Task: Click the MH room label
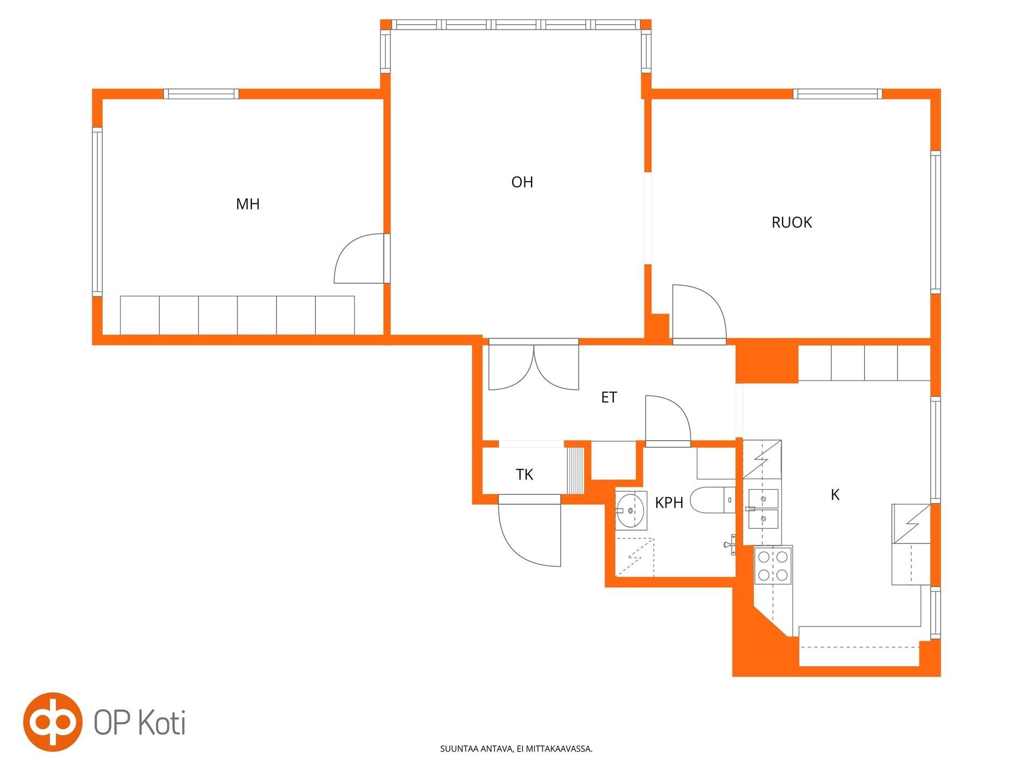[x=248, y=204]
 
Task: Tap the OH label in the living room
[x=522, y=182]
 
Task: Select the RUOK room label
[x=791, y=222]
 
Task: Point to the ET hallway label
[x=609, y=397]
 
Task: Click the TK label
[x=525, y=474]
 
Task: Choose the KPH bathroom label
[x=669, y=503]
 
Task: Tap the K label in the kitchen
[x=835, y=495]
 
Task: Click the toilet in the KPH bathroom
[x=713, y=500]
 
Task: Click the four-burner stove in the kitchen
[x=774, y=565]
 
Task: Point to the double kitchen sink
[x=763, y=509]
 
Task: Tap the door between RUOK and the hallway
[x=699, y=314]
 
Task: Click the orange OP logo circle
[x=53, y=722]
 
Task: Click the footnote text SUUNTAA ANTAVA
[x=476, y=749]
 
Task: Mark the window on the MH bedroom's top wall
[x=201, y=94]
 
